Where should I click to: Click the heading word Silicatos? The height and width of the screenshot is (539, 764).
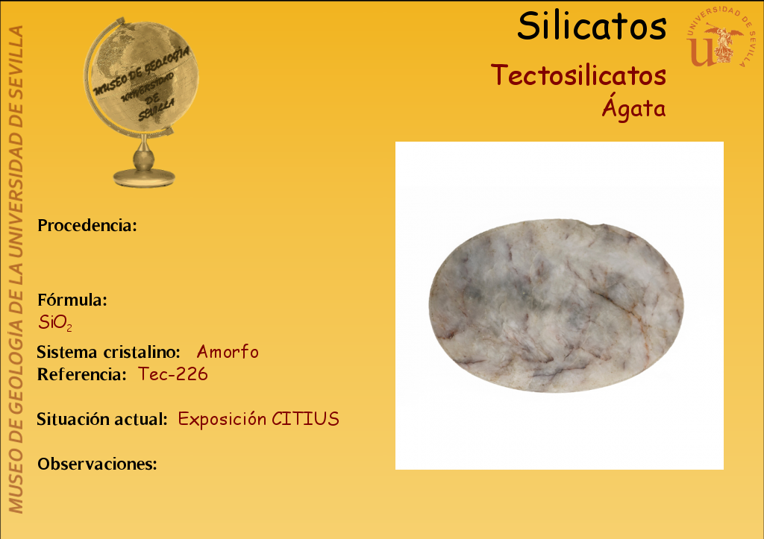click(x=592, y=26)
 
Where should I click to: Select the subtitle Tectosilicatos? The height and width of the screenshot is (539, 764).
click(x=578, y=75)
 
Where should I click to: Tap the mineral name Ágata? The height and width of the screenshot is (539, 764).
click(x=634, y=107)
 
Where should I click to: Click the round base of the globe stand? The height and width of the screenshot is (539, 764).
click(x=144, y=177)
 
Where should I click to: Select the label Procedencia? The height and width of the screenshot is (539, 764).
click(x=87, y=225)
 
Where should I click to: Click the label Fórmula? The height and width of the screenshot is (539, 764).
click(x=72, y=300)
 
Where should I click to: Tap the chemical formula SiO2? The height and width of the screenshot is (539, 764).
click(x=55, y=323)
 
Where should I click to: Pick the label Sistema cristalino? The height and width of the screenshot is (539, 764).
click(x=109, y=352)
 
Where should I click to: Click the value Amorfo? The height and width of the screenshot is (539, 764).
click(x=228, y=352)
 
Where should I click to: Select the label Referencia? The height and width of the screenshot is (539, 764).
click(x=82, y=374)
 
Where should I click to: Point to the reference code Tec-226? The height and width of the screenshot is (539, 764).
click(x=173, y=374)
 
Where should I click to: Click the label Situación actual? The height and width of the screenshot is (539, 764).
click(x=102, y=419)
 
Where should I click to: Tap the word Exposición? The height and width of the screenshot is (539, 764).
click(x=222, y=419)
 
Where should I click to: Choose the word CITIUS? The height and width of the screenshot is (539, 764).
click(x=305, y=419)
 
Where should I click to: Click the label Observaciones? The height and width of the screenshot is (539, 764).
click(x=97, y=464)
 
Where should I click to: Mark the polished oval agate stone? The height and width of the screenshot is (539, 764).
click(x=556, y=306)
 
